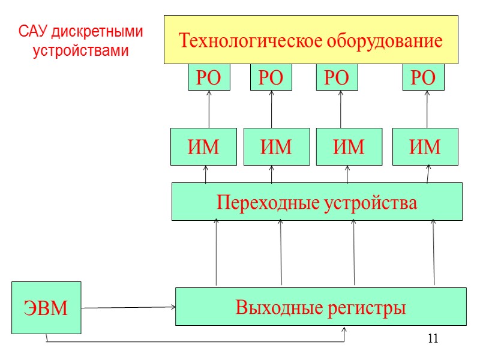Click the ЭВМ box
click(x=46, y=308)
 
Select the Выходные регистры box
click(x=320, y=307)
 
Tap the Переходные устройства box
click(x=317, y=202)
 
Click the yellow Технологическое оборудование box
click(x=311, y=40)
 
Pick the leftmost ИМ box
click(x=203, y=146)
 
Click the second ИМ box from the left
click(x=277, y=146)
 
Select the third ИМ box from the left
click(x=349, y=146)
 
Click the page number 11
click(x=433, y=338)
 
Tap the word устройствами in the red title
click(x=81, y=50)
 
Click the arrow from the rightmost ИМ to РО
click(x=427, y=109)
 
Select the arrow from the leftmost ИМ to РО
click(x=209, y=109)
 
